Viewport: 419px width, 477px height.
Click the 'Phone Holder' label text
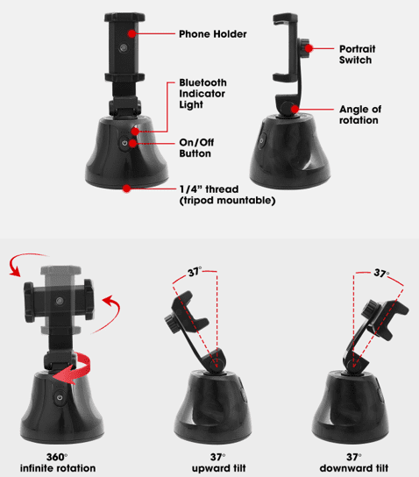click(x=212, y=34)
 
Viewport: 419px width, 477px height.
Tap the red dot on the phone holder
click(x=131, y=33)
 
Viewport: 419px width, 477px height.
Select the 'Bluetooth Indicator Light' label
click(x=202, y=94)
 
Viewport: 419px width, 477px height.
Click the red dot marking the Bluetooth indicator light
click(x=135, y=132)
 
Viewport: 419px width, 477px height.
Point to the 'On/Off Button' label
click(x=196, y=148)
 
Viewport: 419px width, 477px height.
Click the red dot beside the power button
click(x=133, y=143)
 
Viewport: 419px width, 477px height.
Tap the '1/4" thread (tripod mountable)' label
click(x=227, y=195)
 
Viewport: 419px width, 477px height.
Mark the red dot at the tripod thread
click(x=127, y=189)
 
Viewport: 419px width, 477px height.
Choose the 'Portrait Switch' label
click(x=358, y=54)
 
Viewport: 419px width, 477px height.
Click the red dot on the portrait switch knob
click(x=309, y=48)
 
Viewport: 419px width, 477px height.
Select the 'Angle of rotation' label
click(x=360, y=115)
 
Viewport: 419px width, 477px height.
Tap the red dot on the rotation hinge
click(x=295, y=109)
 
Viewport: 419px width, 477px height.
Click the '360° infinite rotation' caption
click(x=58, y=462)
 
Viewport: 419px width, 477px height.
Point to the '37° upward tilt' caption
click(x=218, y=462)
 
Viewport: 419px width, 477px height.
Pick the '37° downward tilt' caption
click(x=354, y=462)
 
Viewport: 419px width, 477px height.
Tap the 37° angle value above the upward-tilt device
click(x=195, y=272)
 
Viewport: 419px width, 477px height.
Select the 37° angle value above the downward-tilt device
click(x=381, y=274)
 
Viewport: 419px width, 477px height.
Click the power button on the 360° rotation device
click(x=60, y=397)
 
